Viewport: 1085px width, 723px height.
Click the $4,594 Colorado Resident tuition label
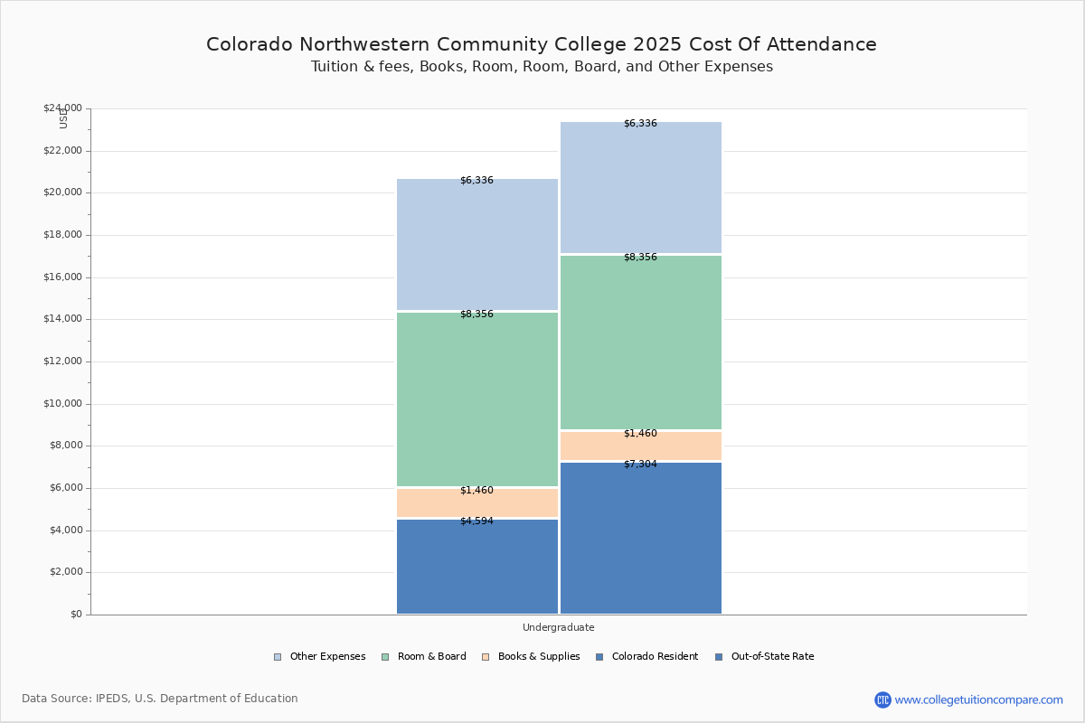476,521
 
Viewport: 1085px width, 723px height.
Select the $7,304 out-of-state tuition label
640,465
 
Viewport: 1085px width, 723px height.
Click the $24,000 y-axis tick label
62,108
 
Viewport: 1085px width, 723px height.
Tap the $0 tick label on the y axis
75,615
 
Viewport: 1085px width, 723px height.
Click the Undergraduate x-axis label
558,627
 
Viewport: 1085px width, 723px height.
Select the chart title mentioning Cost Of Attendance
542,44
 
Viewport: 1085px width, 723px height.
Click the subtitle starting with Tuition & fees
542,67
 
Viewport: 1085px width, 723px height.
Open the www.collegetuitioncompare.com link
978,700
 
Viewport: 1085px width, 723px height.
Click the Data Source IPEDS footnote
160,699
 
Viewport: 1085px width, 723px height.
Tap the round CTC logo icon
882,700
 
